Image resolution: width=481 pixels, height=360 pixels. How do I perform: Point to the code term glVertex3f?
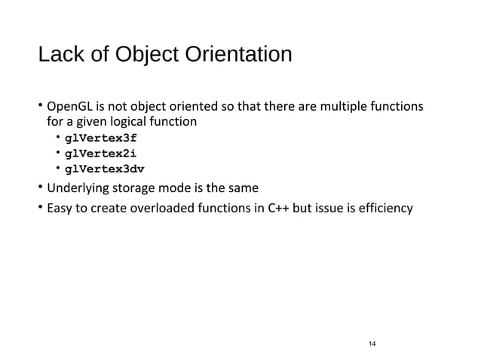pos(101,139)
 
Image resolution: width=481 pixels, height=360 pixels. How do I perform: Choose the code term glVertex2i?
pos(101,154)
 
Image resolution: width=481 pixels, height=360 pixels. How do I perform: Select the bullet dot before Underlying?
pos(41,188)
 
